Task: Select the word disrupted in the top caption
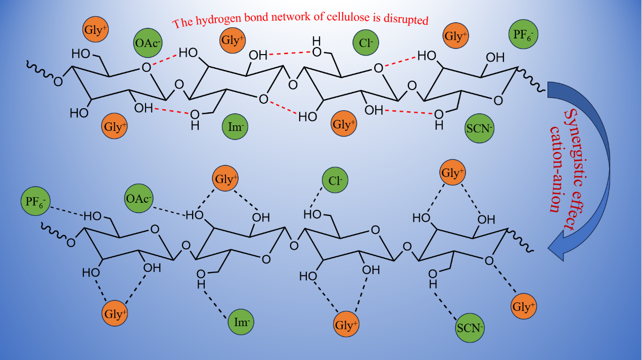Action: pos(407,21)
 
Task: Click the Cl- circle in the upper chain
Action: pos(366,42)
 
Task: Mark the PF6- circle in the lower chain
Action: pos(36,200)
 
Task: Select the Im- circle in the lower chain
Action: pos(240,321)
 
